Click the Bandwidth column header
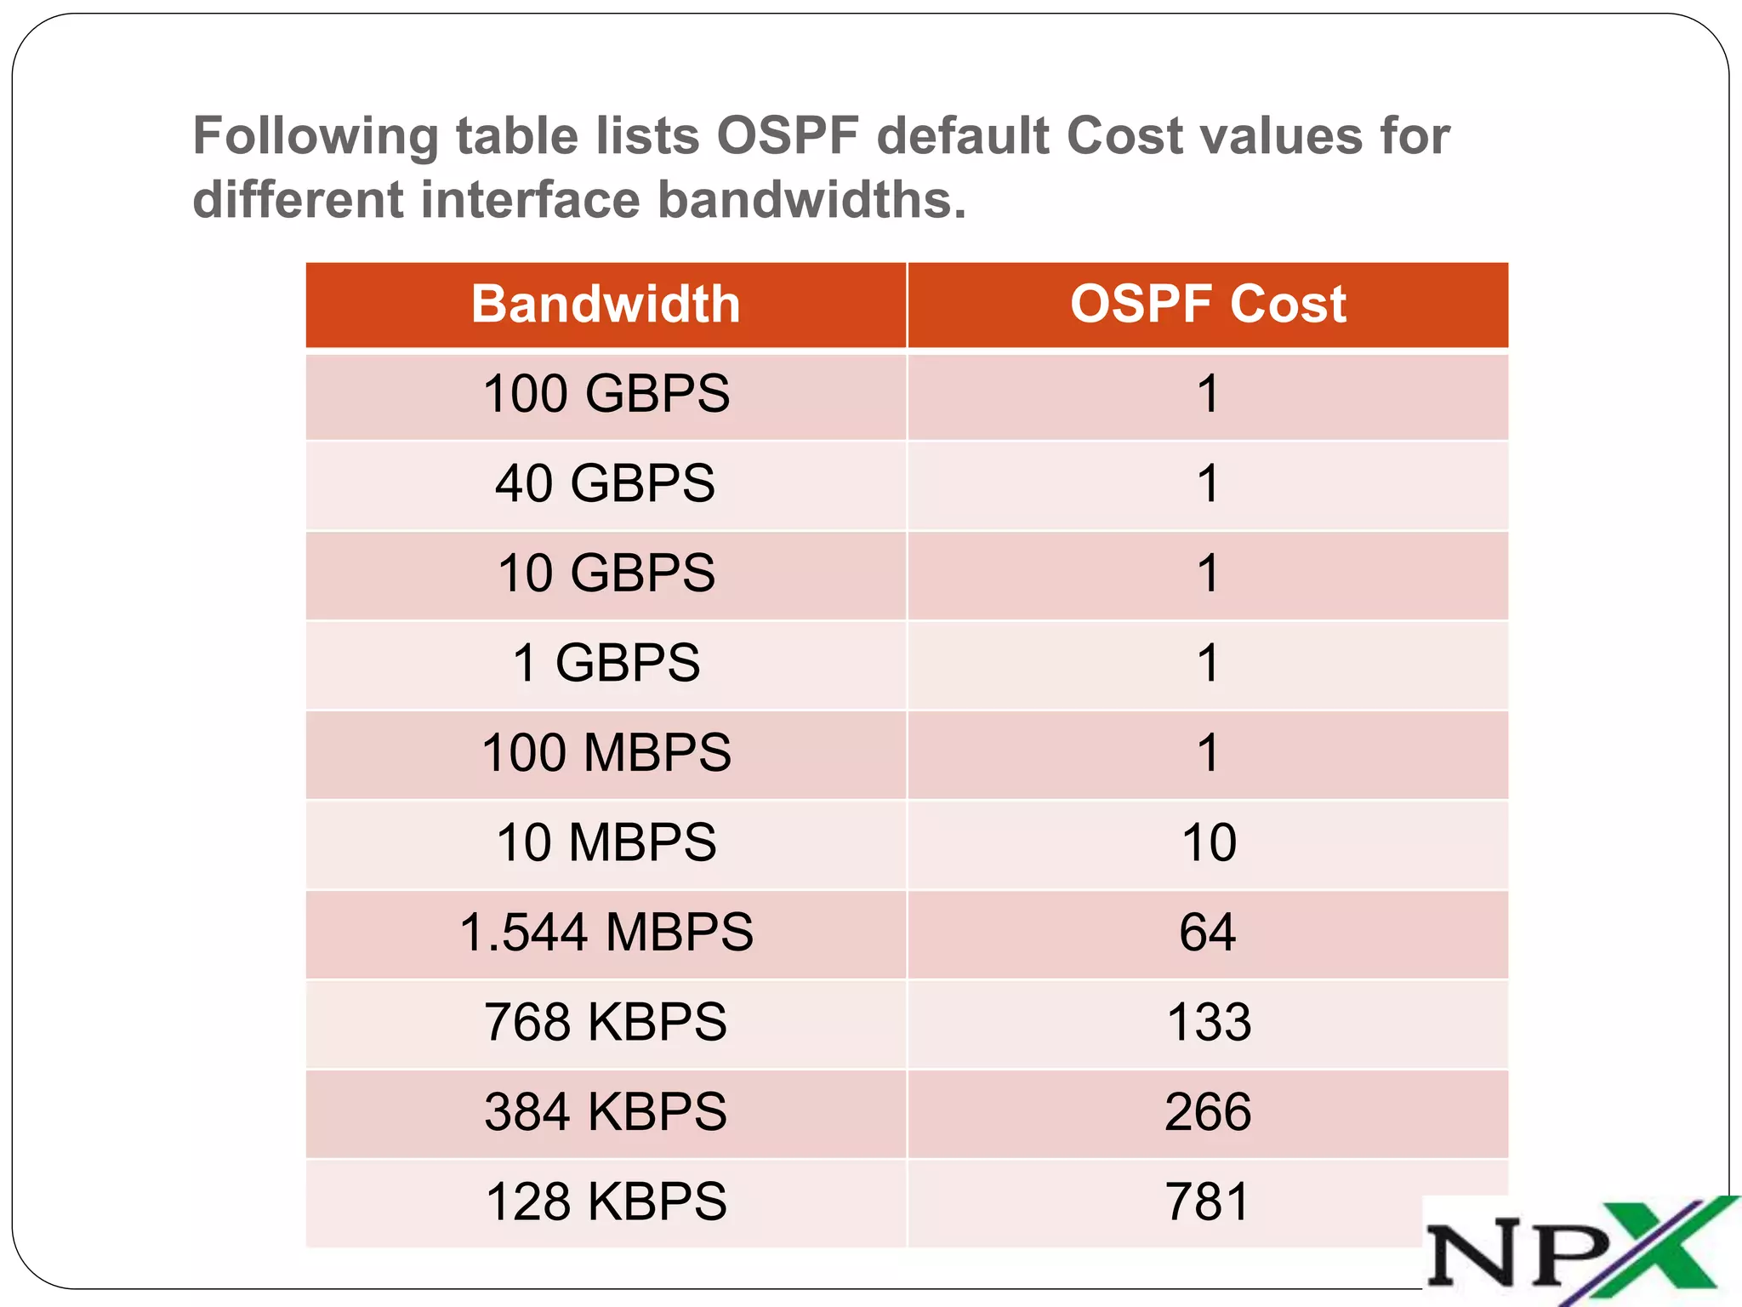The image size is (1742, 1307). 606,305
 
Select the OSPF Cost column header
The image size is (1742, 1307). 1208,305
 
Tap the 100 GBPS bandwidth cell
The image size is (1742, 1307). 606,394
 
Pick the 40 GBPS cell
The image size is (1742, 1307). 606,483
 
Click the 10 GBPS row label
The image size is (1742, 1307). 606,574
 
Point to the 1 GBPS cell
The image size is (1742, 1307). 606,663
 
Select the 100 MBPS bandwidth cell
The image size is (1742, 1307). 606,753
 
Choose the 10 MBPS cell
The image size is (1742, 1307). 606,842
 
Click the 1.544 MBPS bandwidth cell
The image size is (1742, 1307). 606,933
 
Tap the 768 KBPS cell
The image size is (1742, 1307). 606,1022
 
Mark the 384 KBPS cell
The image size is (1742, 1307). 606,1112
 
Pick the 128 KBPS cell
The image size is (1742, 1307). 606,1201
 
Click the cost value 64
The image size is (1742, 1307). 1208,933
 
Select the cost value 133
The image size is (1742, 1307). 1208,1022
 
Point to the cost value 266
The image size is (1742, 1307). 1208,1112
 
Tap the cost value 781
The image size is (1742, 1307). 1208,1201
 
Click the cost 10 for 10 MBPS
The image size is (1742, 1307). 1208,842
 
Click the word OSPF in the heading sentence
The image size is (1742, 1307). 788,136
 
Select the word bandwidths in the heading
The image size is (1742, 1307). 812,200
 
